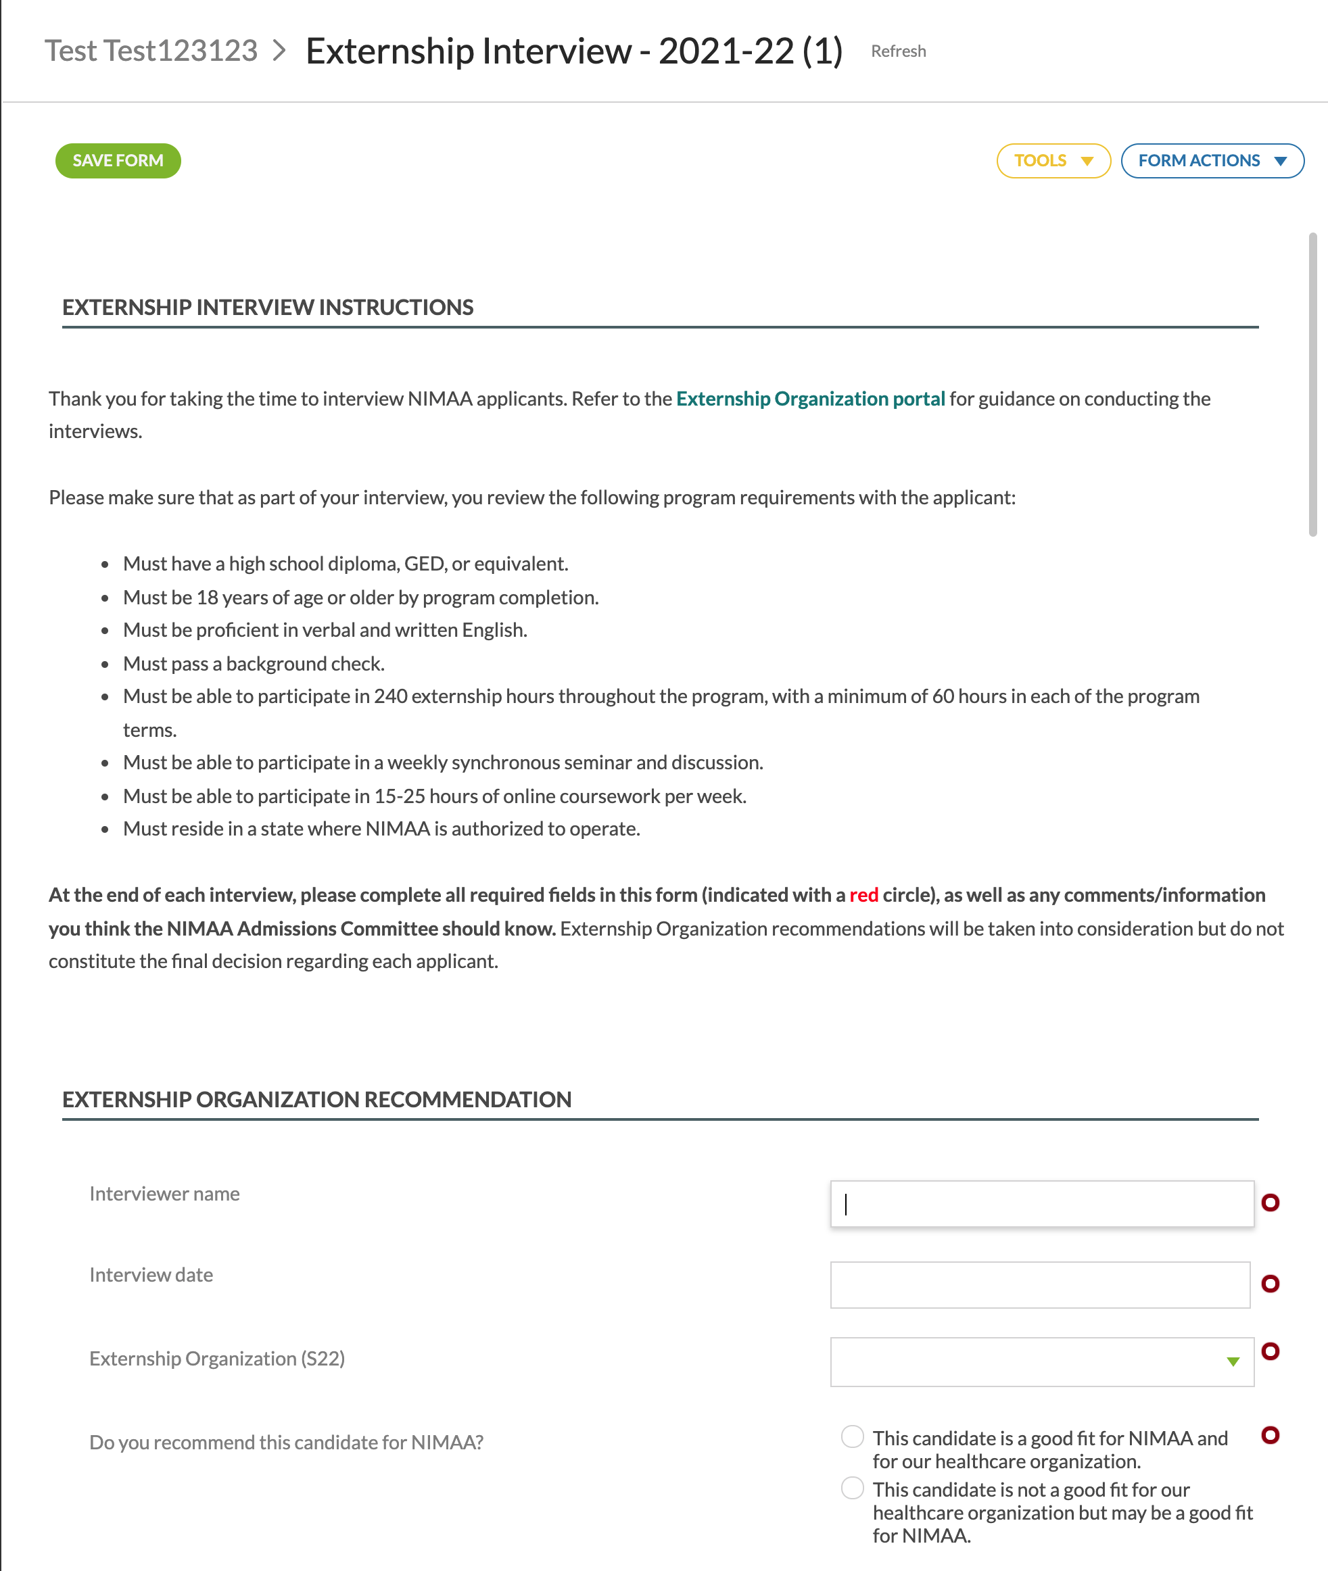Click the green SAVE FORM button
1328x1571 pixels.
point(118,160)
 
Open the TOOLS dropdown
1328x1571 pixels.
point(1053,160)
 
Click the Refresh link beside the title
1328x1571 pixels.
point(898,51)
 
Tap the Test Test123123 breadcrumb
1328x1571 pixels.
point(151,51)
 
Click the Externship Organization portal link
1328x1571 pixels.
point(810,398)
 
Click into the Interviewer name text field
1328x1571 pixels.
point(1041,1204)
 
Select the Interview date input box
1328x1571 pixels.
point(1040,1284)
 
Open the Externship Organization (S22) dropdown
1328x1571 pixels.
point(1041,1361)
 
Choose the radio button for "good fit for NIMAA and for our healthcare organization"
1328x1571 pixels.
point(852,1436)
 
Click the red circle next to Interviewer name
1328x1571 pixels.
point(1270,1202)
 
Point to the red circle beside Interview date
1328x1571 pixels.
point(1270,1284)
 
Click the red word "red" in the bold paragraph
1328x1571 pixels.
point(863,894)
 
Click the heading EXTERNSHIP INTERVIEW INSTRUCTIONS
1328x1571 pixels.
point(267,307)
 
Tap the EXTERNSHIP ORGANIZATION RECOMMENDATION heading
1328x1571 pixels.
point(316,1099)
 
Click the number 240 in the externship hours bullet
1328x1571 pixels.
point(391,696)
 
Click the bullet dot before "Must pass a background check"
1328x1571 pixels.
point(105,664)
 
